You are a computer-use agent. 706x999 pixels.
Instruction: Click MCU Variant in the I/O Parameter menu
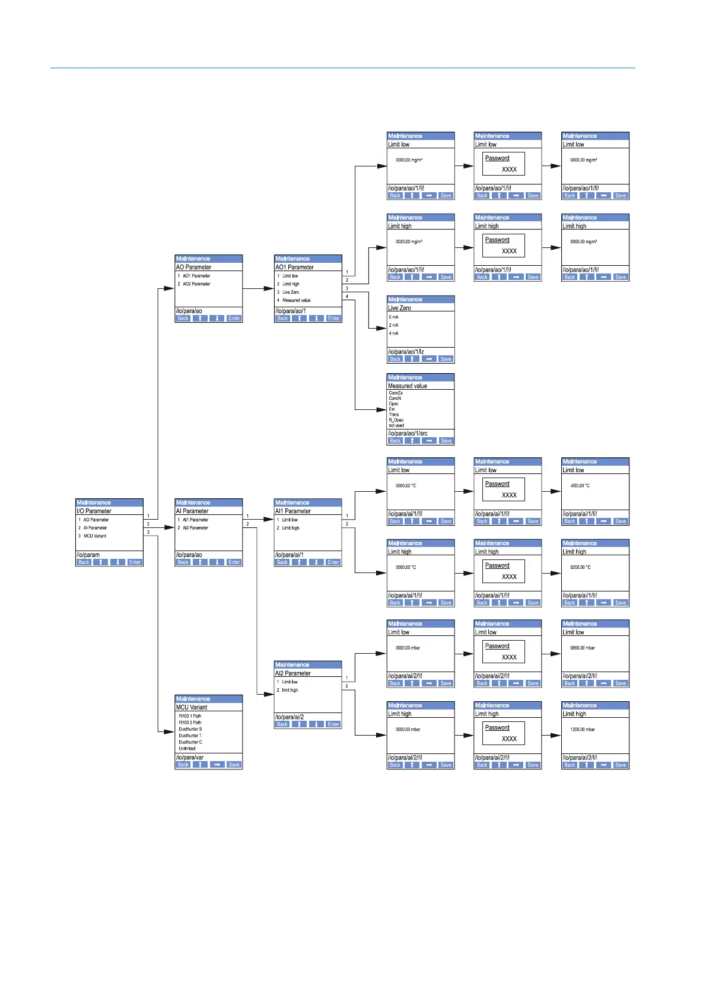coord(94,536)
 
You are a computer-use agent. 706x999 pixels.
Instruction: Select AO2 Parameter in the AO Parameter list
coord(196,284)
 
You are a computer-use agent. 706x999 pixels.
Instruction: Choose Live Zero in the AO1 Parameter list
coord(290,292)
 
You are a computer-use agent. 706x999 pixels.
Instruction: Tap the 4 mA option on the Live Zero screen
coord(394,333)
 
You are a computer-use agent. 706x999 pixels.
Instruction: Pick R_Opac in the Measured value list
coord(396,420)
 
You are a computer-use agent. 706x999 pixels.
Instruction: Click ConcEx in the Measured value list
coord(396,393)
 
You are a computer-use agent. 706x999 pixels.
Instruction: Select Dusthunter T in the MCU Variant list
coord(190,736)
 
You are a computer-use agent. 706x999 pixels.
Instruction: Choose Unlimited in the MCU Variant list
coord(187,749)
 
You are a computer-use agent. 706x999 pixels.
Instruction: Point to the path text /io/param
coord(88,555)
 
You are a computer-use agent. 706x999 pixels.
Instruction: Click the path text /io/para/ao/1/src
coord(408,433)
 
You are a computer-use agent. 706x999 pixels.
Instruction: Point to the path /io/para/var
coord(190,758)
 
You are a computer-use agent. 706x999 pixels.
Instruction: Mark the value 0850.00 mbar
coord(583,648)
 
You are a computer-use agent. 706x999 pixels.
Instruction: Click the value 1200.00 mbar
coord(583,730)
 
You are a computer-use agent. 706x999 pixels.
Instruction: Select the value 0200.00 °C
coord(580,567)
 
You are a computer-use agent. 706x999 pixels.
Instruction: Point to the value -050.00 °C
coord(580,485)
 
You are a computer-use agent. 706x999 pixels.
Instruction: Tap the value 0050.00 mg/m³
coord(583,241)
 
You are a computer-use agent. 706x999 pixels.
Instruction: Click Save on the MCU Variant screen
coord(234,765)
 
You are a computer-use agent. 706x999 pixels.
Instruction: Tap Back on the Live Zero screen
coord(395,359)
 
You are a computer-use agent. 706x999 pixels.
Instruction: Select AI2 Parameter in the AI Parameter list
coord(195,527)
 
